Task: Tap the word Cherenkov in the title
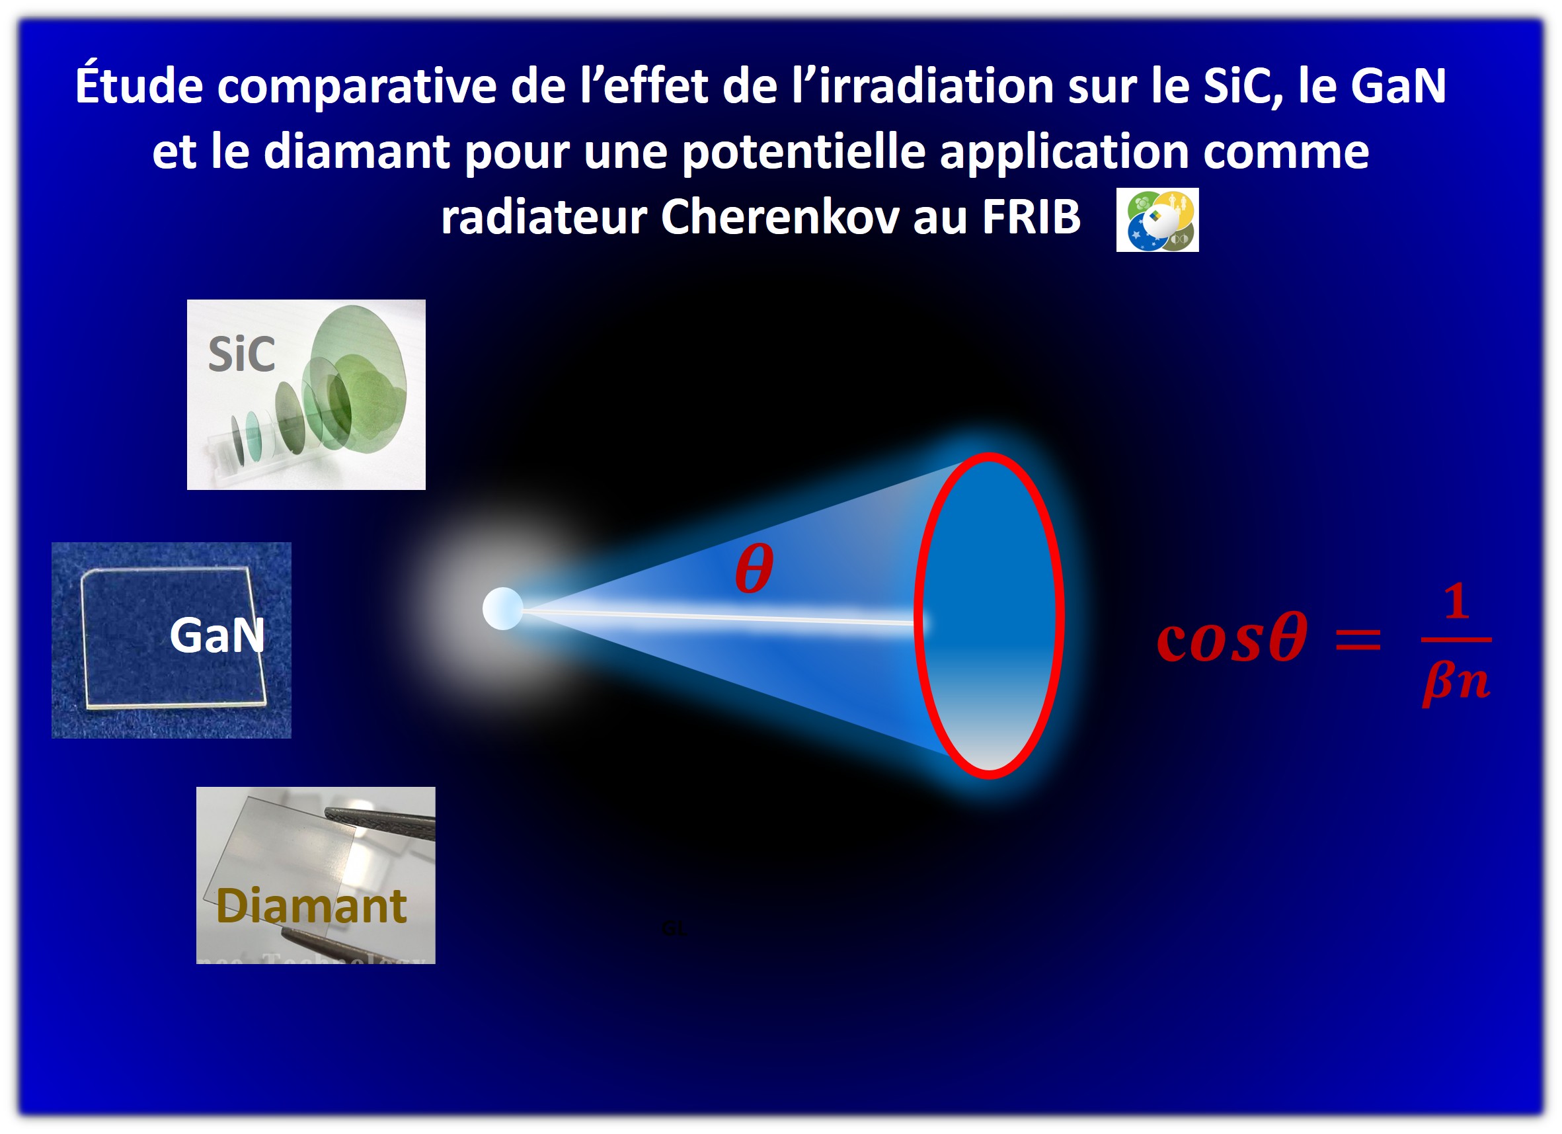click(779, 217)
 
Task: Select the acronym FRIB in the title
click(1031, 217)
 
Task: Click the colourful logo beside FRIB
click(1157, 220)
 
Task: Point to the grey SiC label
click(241, 355)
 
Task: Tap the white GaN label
click(217, 635)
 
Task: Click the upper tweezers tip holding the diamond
click(331, 816)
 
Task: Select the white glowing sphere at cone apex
click(503, 608)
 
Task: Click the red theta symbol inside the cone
click(754, 569)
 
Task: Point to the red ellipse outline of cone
click(920, 613)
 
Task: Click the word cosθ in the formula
click(1231, 637)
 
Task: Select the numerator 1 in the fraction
click(1456, 602)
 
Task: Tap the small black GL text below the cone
click(673, 929)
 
